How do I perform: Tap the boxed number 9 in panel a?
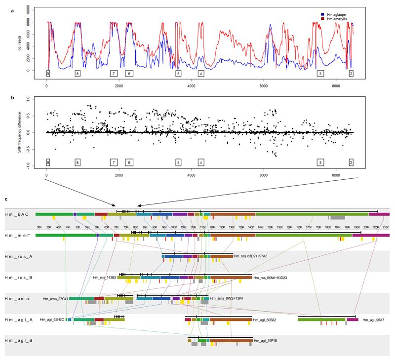[48, 73]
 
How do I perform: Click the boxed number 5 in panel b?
[178, 162]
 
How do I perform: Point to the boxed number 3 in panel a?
[320, 73]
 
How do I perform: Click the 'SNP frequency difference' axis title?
[20, 132]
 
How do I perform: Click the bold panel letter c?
[5, 199]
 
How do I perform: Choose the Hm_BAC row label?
[17, 214]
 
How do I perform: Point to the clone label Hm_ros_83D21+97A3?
[253, 256]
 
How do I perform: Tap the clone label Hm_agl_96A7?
[374, 320]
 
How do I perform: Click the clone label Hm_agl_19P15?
[266, 341]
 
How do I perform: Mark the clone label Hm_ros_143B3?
[104, 278]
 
